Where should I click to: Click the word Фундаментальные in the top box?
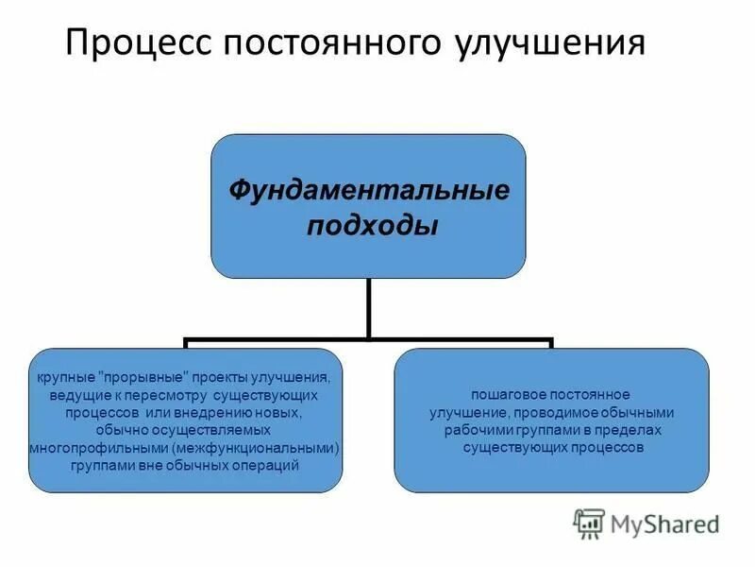[x=368, y=192]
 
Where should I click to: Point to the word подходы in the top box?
[x=368, y=227]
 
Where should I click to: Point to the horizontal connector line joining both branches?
[x=368, y=337]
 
